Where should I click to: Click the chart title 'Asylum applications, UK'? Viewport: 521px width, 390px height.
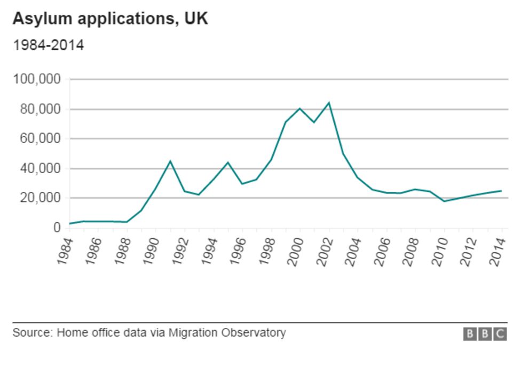110,19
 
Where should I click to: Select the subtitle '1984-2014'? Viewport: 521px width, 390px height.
48,45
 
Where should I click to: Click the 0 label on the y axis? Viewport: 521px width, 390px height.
57,228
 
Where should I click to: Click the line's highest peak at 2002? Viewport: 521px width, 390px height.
329,103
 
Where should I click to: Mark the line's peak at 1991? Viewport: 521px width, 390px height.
170,161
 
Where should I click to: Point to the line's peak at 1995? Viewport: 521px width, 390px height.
228,162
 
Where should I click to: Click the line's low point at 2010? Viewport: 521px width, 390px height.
444,201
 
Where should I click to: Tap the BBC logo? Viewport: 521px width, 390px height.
485,334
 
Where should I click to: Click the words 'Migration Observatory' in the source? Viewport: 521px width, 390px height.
227,332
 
